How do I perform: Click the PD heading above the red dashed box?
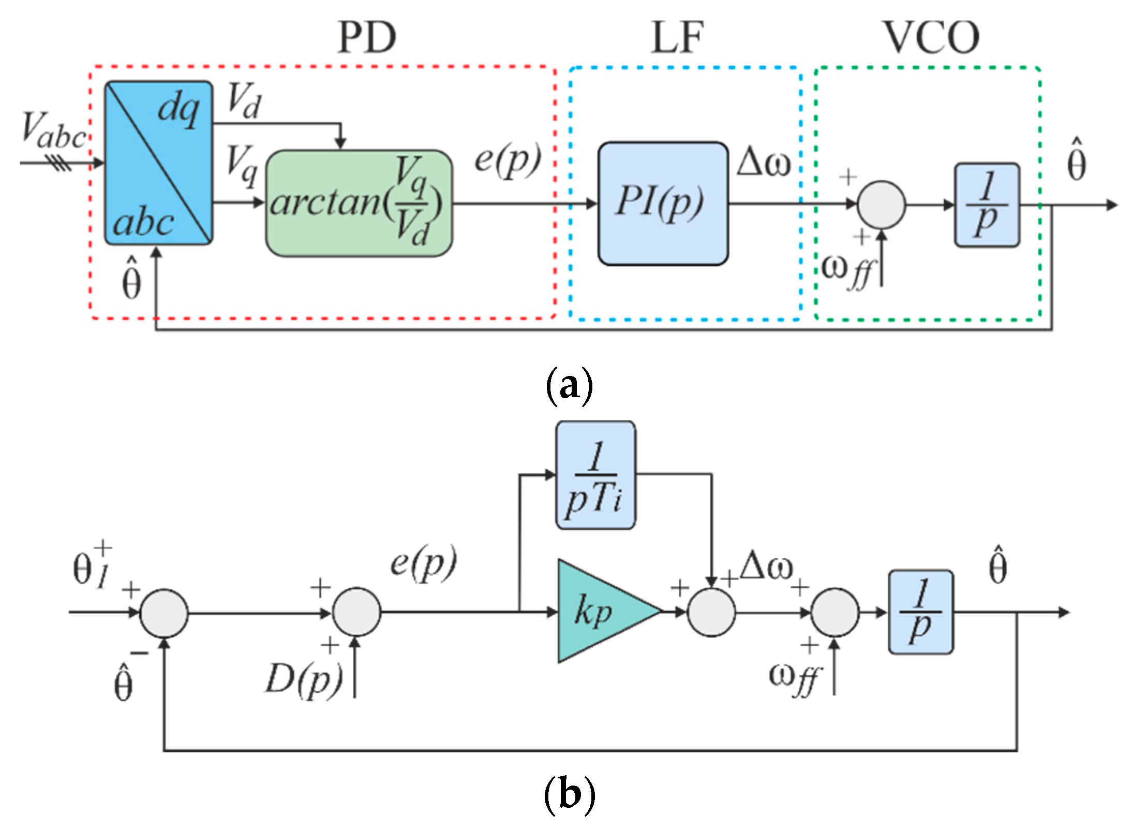[x=367, y=37]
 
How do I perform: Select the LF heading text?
[x=677, y=37]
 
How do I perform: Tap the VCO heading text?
[x=931, y=37]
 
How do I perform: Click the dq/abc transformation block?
[x=158, y=163]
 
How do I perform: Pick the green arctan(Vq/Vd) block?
[x=359, y=203]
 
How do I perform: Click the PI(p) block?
[x=663, y=203]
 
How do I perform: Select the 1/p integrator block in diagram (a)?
[x=987, y=205]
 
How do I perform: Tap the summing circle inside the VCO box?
[x=881, y=205]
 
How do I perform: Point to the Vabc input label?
[x=53, y=130]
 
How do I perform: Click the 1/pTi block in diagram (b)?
[x=595, y=475]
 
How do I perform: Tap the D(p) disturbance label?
[x=303, y=679]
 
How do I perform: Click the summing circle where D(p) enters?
[x=356, y=612]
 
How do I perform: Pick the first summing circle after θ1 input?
[x=164, y=613]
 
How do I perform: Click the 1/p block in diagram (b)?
[x=920, y=612]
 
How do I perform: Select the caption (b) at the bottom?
[x=569, y=794]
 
